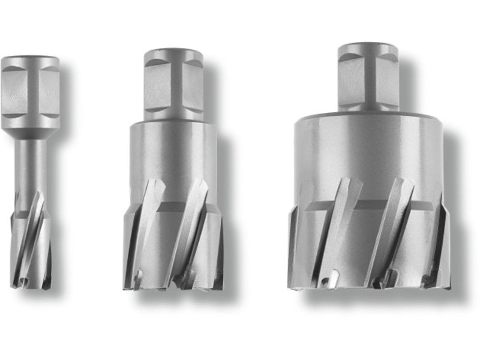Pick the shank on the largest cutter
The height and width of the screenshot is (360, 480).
[x=367, y=77]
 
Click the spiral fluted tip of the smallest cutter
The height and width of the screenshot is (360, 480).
[x=31, y=240]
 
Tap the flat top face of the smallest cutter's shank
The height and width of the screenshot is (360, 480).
[x=31, y=58]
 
